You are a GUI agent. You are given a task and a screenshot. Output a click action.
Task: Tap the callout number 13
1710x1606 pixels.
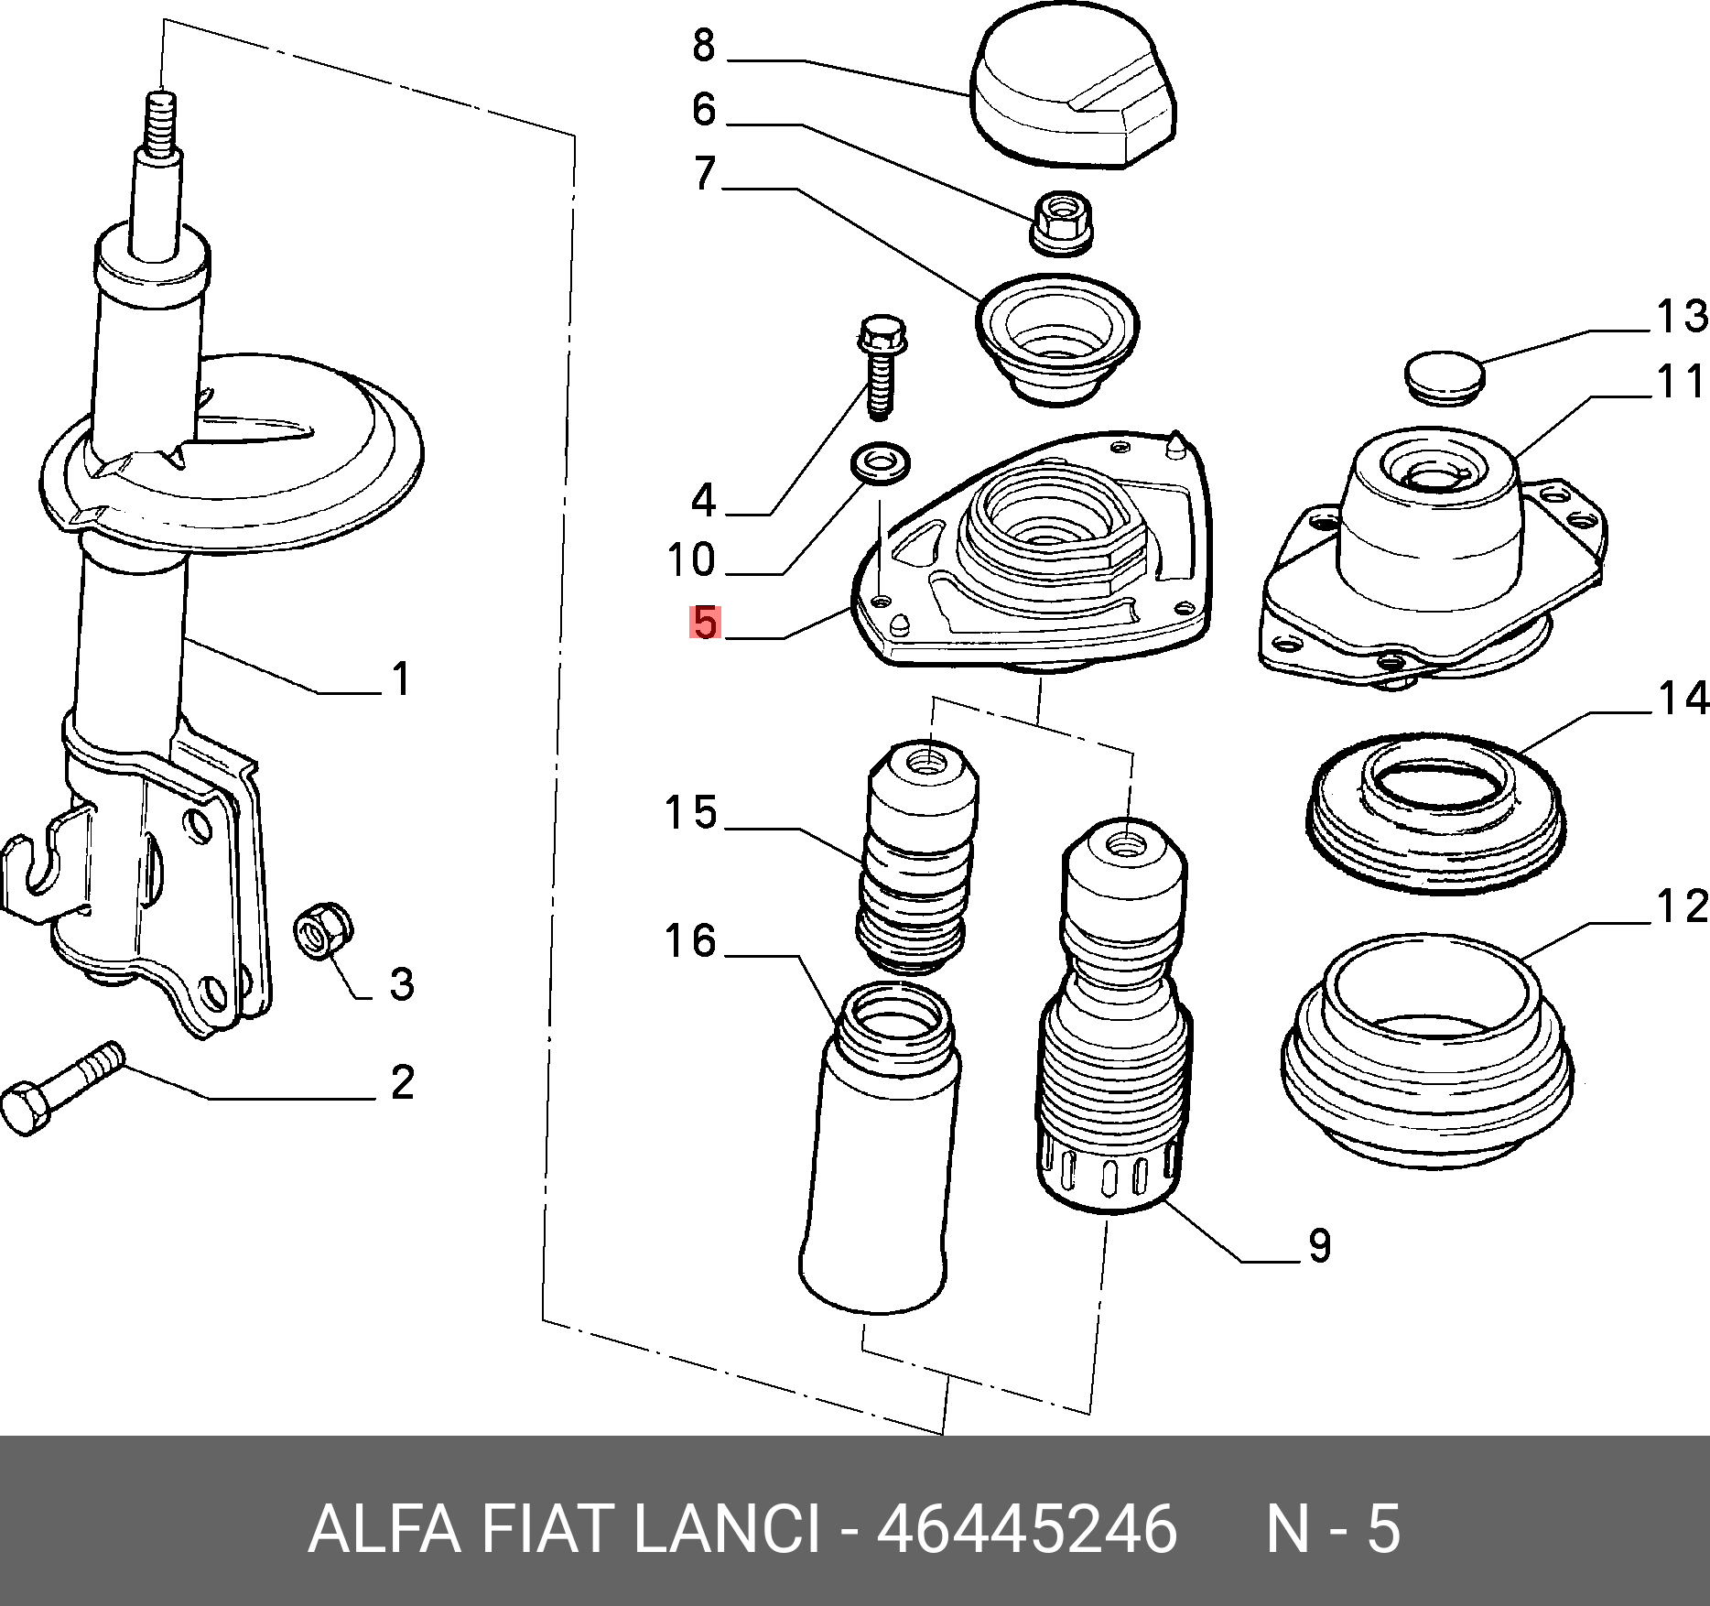coord(1683,316)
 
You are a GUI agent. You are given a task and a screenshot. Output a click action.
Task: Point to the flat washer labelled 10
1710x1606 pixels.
coord(881,462)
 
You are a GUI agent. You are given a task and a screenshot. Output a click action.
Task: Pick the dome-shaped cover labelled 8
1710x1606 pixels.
coord(1073,87)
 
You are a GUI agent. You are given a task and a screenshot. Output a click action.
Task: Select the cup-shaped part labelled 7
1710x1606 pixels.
coord(1057,338)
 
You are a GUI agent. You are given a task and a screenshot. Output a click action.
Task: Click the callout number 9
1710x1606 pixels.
coord(1319,1245)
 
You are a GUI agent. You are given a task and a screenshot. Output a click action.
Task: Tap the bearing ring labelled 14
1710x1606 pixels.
coord(1436,812)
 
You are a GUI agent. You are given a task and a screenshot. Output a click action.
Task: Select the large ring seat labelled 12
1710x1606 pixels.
coord(1427,1050)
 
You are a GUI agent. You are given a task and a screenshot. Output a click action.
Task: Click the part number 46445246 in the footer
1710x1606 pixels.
coord(1026,1529)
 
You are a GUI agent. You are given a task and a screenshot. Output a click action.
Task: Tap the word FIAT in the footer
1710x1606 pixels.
coord(545,1529)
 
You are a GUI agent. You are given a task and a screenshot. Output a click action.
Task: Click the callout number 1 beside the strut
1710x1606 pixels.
coord(401,679)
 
